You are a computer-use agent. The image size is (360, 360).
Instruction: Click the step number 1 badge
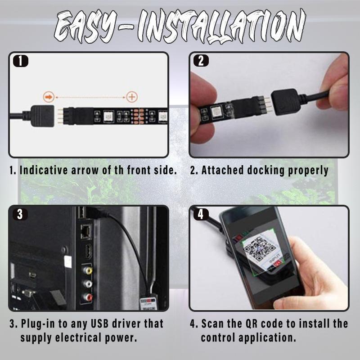tap(21, 61)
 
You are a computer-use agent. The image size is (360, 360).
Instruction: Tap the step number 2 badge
tap(201, 61)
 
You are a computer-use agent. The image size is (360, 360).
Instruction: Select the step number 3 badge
tap(20, 214)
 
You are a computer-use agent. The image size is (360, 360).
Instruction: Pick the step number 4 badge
tap(201, 214)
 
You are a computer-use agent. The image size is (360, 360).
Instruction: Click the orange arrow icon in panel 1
tap(49, 97)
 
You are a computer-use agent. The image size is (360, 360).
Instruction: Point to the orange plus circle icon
tap(132, 97)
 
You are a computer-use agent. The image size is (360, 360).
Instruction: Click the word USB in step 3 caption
tap(99, 324)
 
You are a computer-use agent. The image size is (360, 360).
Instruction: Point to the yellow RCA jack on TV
tap(87, 270)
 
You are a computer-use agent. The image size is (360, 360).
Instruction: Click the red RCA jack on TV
tap(87, 297)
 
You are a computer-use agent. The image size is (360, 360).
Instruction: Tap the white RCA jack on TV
tap(87, 284)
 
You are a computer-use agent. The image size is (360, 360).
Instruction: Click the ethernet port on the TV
tap(85, 231)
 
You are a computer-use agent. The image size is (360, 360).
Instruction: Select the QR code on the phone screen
tap(260, 249)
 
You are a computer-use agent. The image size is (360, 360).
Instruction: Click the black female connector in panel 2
tap(284, 102)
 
